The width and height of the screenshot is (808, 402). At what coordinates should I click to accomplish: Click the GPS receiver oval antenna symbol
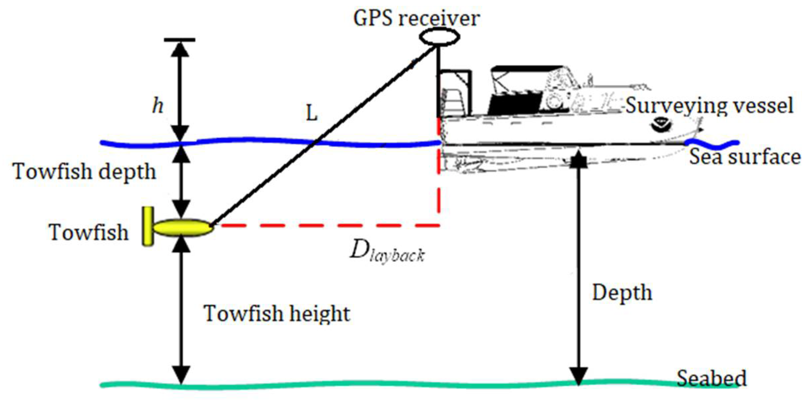[x=439, y=37]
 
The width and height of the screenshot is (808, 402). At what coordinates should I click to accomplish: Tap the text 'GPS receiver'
[x=416, y=18]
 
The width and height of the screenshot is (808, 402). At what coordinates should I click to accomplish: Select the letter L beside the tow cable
[x=312, y=114]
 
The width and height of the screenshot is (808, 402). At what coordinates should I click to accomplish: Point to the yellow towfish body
[x=183, y=227]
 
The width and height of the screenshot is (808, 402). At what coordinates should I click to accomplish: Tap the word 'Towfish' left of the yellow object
[x=89, y=232]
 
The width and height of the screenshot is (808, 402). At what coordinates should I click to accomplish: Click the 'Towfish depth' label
[x=85, y=172]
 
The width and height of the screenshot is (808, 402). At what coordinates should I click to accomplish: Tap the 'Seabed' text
[x=711, y=378]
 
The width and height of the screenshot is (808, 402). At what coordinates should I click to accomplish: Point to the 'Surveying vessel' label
[x=709, y=106]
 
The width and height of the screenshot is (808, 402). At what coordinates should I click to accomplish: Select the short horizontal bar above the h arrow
[x=180, y=40]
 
